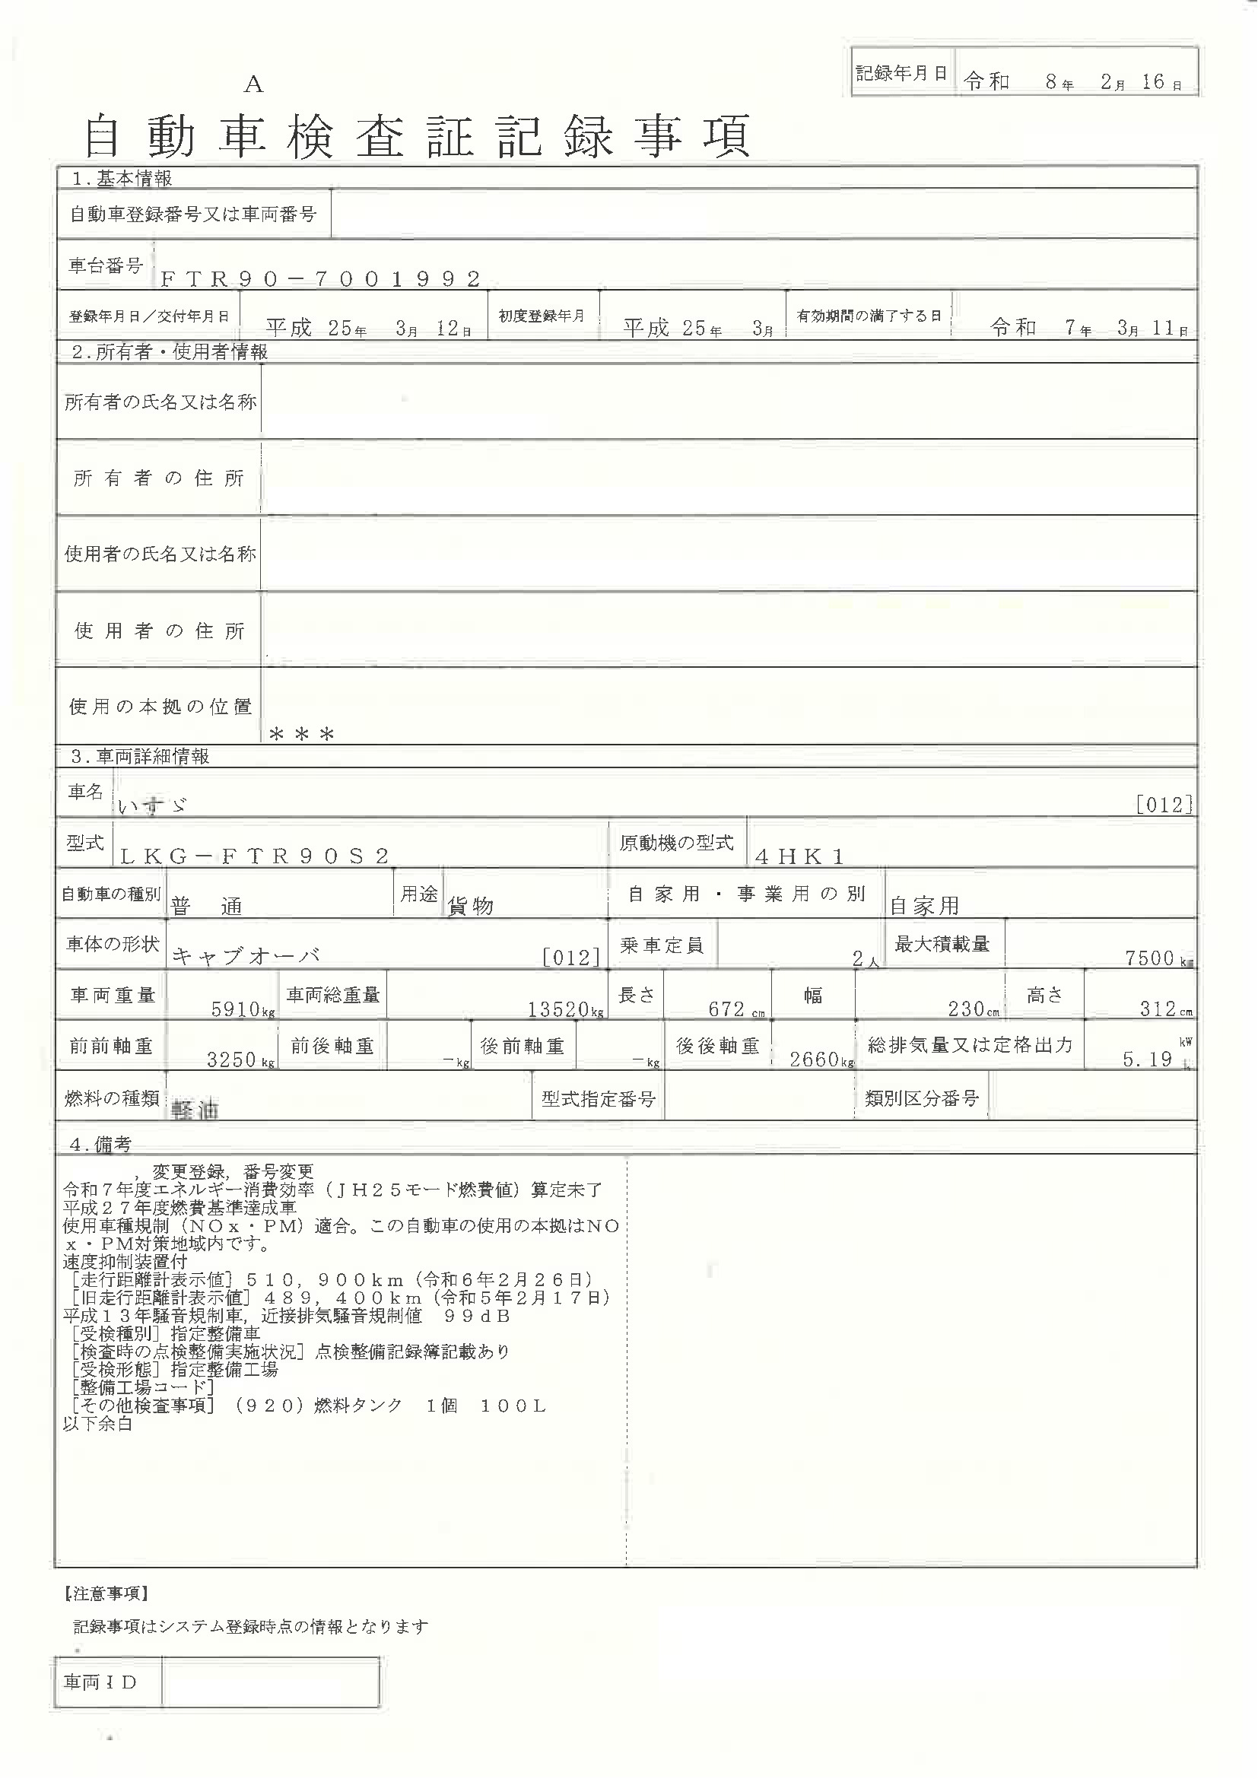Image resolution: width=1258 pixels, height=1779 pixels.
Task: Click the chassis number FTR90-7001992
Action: tap(321, 279)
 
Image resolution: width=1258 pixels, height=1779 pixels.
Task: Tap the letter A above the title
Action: tap(253, 85)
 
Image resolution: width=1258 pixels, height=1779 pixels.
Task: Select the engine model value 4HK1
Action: tap(799, 856)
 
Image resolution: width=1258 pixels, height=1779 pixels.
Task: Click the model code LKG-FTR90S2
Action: tap(255, 856)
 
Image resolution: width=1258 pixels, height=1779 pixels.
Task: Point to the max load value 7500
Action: tap(1149, 958)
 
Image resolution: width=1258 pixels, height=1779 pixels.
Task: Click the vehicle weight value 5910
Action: tap(236, 1009)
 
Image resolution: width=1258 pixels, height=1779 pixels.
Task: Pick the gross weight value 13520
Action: tap(558, 1009)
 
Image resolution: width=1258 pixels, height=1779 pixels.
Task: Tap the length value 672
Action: tap(726, 1009)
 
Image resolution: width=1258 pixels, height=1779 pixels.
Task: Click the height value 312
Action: tap(1158, 1009)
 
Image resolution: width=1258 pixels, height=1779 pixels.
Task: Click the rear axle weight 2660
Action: tap(814, 1059)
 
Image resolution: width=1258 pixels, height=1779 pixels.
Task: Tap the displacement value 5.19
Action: tap(1147, 1059)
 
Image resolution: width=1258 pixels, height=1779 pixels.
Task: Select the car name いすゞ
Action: tap(153, 805)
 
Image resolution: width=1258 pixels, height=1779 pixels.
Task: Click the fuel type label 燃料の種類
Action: tap(112, 1098)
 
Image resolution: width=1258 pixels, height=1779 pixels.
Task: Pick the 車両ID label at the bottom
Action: tap(100, 1682)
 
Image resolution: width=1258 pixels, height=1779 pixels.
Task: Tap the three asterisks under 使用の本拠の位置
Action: tap(301, 734)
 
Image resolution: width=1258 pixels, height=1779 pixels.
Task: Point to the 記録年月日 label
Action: tap(902, 74)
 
